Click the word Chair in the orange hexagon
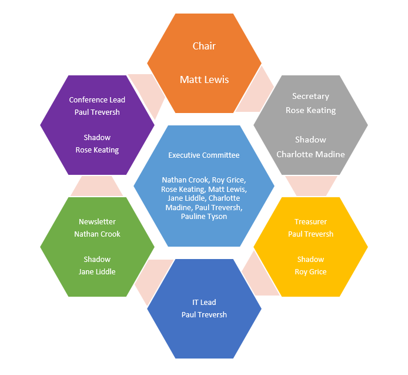coord(204,45)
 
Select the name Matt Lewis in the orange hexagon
coord(204,79)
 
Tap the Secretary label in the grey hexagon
coord(310,96)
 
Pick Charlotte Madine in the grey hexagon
coord(310,154)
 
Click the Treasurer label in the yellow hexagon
coord(310,221)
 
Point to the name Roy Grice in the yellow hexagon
coord(310,271)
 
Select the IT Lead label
coord(204,302)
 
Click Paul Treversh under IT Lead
coord(204,314)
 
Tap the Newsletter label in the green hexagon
coord(97,221)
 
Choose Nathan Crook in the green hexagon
coord(97,234)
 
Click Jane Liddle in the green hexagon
coord(97,271)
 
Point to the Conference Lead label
coord(97,100)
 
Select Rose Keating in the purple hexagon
coord(97,150)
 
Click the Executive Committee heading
coord(204,155)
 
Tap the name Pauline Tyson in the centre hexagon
coord(204,217)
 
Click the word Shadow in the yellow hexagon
coord(310,259)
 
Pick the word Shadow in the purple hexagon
coord(97,137)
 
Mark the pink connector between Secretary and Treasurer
coord(311,185)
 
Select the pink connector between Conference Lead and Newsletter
coord(96,185)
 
